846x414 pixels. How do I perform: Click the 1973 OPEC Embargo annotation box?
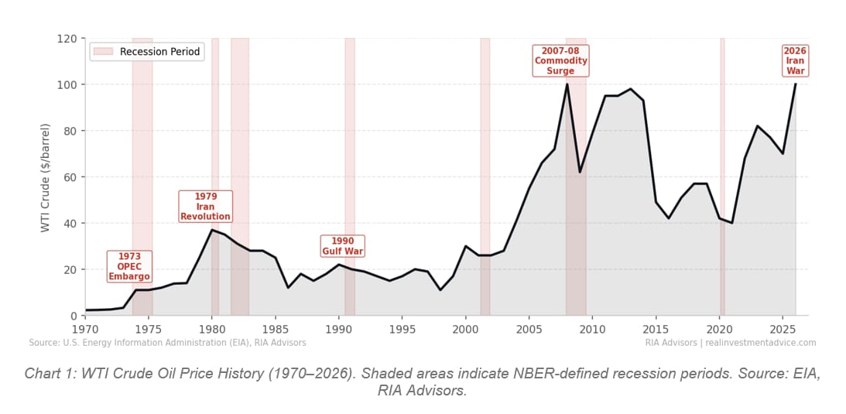[129, 266]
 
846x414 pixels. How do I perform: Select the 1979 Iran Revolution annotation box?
[206, 207]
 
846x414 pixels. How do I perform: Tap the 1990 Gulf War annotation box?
[342, 246]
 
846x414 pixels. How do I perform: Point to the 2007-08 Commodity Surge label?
[560, 61]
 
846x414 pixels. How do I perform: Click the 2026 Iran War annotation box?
[795, 61]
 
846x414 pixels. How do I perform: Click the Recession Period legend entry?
[146, 52]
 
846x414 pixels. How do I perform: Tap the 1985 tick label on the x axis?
[275, 329]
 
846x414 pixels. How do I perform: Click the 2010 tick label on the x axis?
[592, 329]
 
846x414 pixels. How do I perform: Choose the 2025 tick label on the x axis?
[783, 329]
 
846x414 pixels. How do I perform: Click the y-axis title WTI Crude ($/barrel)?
[46, 177]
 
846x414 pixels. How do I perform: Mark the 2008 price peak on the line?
[567, 84]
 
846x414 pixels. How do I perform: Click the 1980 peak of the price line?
[212, 230]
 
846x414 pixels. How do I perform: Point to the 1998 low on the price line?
[440, 290]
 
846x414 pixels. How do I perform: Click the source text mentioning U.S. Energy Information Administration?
[167, 343]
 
